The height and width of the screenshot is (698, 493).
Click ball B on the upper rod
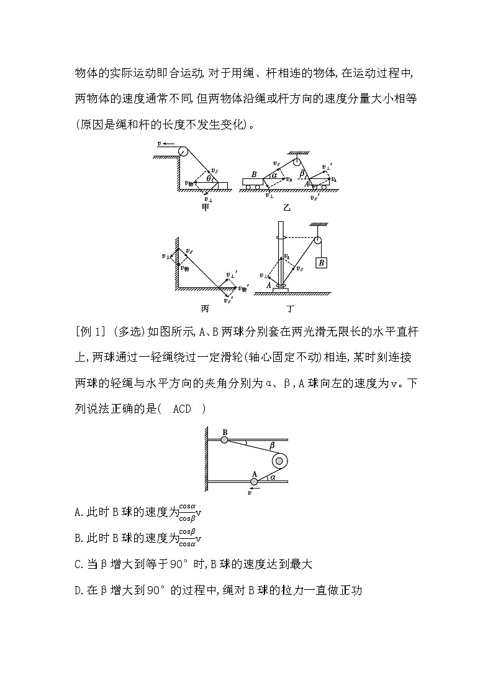(x=224, y=439)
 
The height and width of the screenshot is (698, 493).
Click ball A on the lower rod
(x=254, y=480)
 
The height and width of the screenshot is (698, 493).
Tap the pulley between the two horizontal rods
(x=279, y=461)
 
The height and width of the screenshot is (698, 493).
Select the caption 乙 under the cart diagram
(x=286, y=207)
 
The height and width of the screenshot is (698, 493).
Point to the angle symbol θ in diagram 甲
(x=209, y=178)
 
